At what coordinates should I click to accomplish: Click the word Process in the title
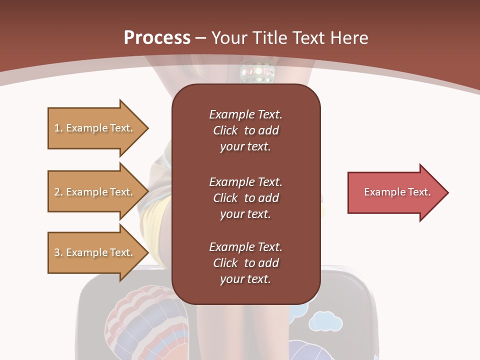(157, 38)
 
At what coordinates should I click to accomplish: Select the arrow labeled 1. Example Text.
(95, 128)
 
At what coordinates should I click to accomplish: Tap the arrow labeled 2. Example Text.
(95, 192)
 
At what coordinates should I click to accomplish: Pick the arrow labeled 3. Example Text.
(95, 252)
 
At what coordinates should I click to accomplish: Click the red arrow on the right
(395, 192)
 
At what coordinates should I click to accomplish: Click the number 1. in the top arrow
(58, 128)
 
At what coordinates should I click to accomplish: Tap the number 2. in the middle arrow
(58, 192)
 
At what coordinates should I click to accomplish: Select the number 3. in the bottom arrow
(58, 252)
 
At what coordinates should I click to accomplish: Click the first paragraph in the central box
(245, 130)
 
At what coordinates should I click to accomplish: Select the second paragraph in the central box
(245, 197)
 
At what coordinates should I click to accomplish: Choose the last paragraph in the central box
(245, 263)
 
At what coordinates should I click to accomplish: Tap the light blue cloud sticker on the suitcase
(325, 321)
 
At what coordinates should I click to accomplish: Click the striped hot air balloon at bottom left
(145, 320)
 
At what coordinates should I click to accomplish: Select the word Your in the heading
(228, 38)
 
